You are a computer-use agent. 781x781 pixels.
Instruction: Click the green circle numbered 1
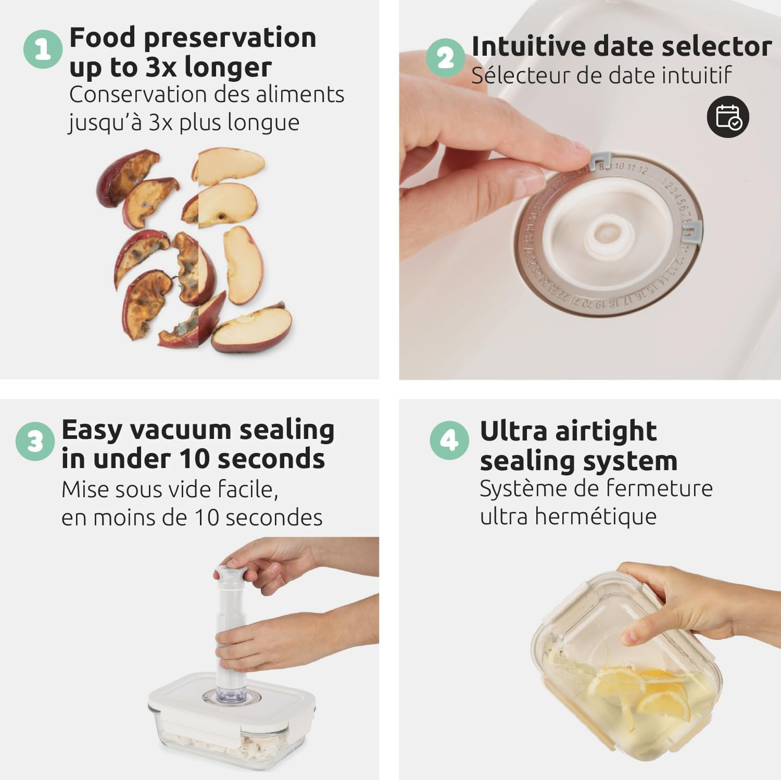click(43, 49)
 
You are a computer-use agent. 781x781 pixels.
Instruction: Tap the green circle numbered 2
click(445, 57)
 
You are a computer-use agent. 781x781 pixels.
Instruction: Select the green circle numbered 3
click(35, 442)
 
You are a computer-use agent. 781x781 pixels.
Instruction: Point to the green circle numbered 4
click(449, 440)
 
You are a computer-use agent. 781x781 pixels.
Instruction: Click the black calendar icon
click(728, 117)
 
